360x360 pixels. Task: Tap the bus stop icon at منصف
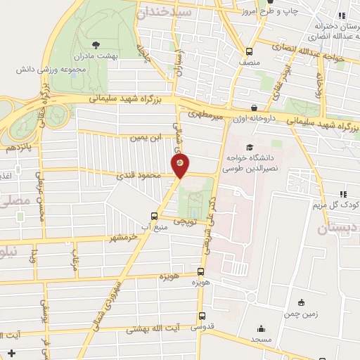pyautogui.click(x=249, y=51)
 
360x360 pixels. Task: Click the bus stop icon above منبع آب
pyautogui.click(x=154, y=216)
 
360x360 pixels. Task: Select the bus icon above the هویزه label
pyautogui.click(x=202, y=271)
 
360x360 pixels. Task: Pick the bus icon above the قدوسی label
pyautogui.click(x=202, y=316)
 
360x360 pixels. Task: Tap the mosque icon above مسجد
pyautogui.click(x=261, y=328)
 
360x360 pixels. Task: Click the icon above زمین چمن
pyautogui.click(x=302, y=303)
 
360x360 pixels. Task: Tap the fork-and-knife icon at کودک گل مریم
pyautogui.click(x=343, y=194)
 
